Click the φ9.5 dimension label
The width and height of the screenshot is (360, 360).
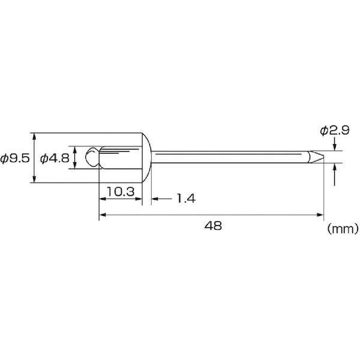tap(15, 158)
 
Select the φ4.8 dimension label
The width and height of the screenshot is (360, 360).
tap(55, 158)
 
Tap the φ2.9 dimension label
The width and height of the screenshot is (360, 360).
tap(335, 130)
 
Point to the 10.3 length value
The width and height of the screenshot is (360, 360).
tap(121, 192)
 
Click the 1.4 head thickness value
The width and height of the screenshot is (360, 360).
tap(186, 199)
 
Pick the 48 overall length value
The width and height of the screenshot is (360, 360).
tap(213, 226)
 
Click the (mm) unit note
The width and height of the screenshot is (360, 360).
tap(343, 229)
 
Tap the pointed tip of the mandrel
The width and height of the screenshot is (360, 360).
tap(323, 157)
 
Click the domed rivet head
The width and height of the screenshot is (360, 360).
tap(146, 158)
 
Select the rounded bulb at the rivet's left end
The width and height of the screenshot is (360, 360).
tap(92, 157)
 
